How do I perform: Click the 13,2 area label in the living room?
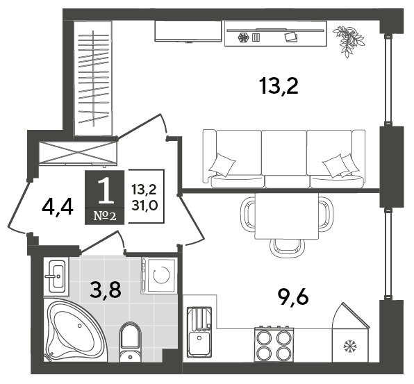pos(279,86)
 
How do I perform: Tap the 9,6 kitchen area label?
pos(293,297)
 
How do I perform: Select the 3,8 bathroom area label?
pos(106,290)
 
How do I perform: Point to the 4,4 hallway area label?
pos(57,208)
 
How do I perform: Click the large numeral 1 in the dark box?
pos(105,190)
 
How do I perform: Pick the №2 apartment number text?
pos(105,217)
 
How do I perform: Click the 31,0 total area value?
pos(144,205)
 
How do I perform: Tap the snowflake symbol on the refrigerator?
pos(350,346)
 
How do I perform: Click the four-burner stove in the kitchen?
pos(274,345)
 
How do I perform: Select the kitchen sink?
pos(199,332)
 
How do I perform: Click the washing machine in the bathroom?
pos(158,275)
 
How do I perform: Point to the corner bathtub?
pos(75,331)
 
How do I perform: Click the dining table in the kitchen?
pos(287,216)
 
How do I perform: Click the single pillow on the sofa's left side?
pos(222,165)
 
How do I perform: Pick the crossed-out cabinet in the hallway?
pos(77,153)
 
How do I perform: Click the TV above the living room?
pos(188,31)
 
